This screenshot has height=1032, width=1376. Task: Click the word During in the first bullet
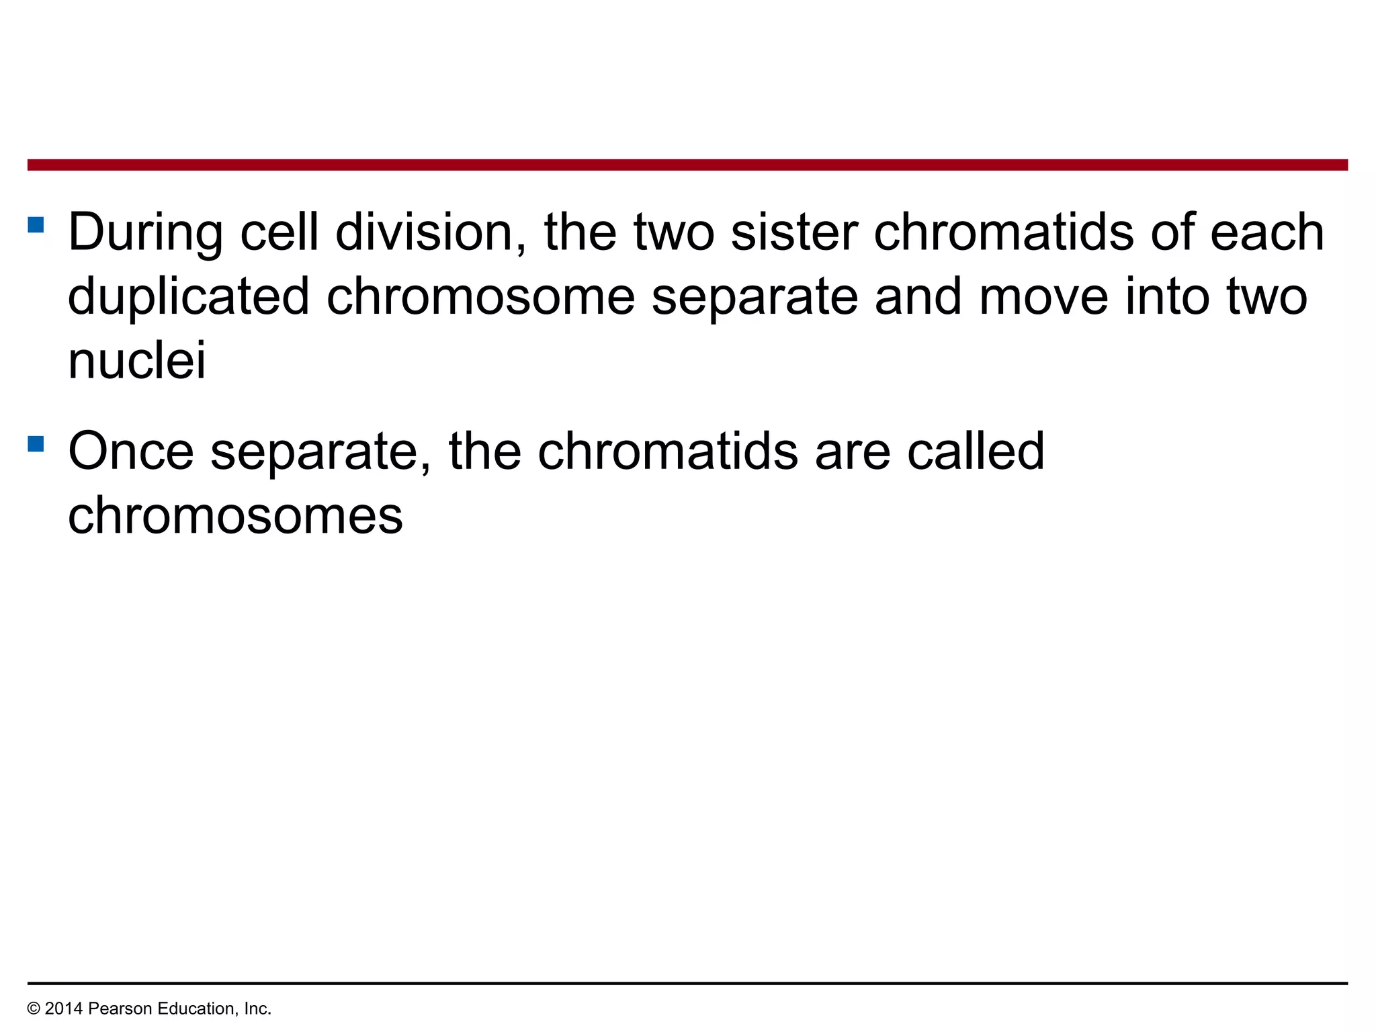click(145, 232)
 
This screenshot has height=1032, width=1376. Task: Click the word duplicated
click(189, 296)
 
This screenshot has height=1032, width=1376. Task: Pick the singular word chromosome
click(480, 296)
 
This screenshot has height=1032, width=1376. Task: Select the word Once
click(131, 451)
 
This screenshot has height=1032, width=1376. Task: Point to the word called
click(976, 451)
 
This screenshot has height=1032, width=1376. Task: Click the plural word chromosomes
click(235, 515)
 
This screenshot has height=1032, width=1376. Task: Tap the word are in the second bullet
click(853, 451)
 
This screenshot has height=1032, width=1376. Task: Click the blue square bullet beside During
click(36, 224)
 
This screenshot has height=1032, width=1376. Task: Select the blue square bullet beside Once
click(36, 443)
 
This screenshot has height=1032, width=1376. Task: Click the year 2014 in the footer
click(64, 1008)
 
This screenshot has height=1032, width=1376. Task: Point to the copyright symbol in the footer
click(34, 1008)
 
